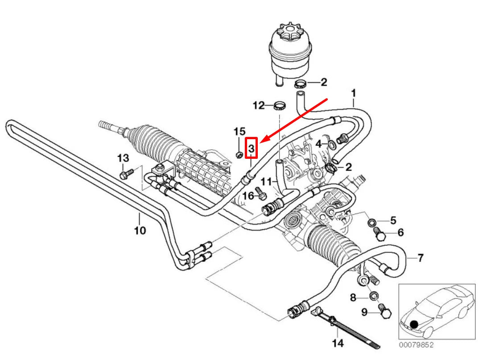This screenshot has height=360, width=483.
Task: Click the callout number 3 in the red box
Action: [252, 148]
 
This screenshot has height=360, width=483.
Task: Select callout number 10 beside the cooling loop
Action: [140, 230]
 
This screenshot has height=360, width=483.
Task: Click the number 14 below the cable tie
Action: [338, 343]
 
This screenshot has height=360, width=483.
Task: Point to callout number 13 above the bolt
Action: [123, 158]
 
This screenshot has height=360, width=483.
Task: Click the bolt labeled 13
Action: [125, 173]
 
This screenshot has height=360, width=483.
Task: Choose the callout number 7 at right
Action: [420, 258]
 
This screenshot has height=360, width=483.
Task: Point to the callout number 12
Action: [259, 105]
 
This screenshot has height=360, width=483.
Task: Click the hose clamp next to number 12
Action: [279, 106]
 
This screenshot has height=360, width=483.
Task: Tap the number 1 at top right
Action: [353, 93]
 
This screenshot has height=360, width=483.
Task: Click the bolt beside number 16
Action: [262, 195]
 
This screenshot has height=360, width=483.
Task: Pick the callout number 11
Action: [266, 182]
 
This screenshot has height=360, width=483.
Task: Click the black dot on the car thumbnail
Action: [414, 324]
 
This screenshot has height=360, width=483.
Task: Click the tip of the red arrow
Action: [260, 142]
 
